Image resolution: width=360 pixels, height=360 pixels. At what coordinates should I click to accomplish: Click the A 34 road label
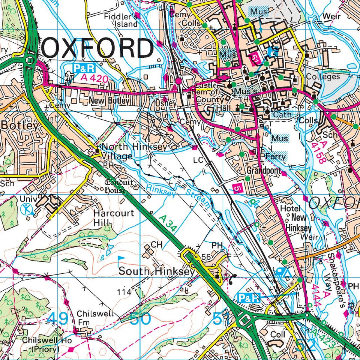[167, 223]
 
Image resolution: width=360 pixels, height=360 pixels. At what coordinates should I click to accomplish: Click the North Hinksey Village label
[133, 151]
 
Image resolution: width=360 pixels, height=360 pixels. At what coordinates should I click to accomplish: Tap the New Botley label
[109, 101]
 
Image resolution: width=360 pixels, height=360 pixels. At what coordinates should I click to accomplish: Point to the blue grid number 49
[58, 319]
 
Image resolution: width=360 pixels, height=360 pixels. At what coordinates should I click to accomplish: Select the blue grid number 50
[140, 319]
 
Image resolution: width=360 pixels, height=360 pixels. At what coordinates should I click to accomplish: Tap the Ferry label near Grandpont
[275, 156]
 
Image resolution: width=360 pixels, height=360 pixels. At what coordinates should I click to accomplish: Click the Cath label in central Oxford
[282, 114]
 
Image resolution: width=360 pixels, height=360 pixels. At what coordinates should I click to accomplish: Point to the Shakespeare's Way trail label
[336, 279]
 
